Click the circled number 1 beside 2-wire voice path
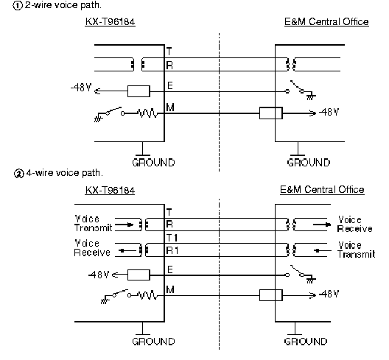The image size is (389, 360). [x=17, y=6]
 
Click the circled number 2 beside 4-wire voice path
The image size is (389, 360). [x=18, y=174]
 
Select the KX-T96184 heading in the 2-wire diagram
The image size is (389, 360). [x=111, y=22]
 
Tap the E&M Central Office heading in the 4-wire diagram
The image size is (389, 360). [x=322, y=190]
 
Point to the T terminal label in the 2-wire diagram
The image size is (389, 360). [x=169, y=52]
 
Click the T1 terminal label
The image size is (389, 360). [x=172, y=238]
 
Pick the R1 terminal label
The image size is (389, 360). [x=172, y=251]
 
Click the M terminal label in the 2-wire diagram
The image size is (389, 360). [x=170, y=107]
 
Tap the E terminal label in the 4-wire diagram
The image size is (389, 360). [x=170, y=269]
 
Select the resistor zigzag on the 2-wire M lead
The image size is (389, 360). [x=148, y=113]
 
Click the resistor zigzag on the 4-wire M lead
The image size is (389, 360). [x=148, y=295]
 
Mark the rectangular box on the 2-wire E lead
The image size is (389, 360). [x=139, y=91]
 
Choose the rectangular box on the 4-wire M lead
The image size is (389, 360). [x=271, y=295]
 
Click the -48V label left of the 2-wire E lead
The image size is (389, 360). [x=81, y=88]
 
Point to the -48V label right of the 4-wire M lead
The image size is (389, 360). [x=329, y=294]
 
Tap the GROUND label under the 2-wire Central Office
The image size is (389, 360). [x=309, y=163]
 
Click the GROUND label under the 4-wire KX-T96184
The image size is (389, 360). [x=153, y=342]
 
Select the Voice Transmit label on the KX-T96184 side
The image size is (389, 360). [x=94, y=224]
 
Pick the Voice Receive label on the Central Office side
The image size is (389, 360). [x=355, y=224]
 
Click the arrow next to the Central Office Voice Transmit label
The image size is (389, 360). [x=322, y=250]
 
